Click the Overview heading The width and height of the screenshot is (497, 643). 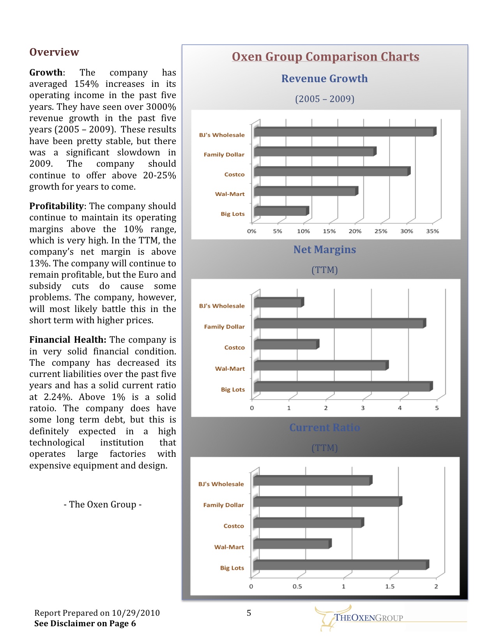[x=54, y=52]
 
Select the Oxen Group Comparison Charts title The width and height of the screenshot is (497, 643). [x=325, y=57]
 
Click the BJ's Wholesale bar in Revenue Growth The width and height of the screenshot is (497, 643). [x=344, y=132]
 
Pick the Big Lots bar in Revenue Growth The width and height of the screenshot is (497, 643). [x=280, y=211]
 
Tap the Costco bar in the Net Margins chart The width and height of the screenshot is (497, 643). [x=285, y=345]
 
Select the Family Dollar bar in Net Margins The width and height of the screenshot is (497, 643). [x=339, y=324]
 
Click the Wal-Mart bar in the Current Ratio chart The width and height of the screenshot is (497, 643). [x=291, y=544]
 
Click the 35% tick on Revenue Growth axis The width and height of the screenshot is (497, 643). [x=432, y=231]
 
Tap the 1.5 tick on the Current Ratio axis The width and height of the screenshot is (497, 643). [x=390, y=587]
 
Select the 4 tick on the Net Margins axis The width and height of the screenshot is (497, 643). [x=400, y=408]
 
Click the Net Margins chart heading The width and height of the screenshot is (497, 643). [x=325, y=250]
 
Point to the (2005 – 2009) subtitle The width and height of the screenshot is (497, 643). [x=325, y=99]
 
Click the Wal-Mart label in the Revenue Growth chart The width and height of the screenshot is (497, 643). [x=230, y=194]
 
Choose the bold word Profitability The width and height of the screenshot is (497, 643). [x=57, y=206]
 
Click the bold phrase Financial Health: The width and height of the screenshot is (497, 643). [x=68, y=340]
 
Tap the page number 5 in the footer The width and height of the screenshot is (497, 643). [x=249, y=613]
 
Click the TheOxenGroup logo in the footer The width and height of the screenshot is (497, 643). [x=359, y=617]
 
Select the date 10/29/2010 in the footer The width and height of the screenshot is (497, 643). [x=136, y=613]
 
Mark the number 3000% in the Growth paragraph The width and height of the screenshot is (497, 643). [x=161, y=107]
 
